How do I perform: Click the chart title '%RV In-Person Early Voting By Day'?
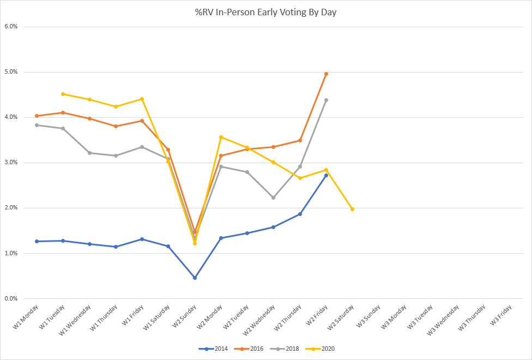coord(266,11)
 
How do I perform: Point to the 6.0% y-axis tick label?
coord(11,26)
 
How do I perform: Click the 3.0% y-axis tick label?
coord(11,163)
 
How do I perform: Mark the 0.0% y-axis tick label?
coord(11,298)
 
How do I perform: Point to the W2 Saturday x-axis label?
coord(342,317)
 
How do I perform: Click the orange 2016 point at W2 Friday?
coord(326,74)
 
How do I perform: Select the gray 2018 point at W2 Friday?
coord(326,100)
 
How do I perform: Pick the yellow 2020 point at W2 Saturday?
coord(352,209)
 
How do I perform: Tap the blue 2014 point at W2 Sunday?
coord(195,278)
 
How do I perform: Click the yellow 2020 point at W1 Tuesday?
coord(63,94)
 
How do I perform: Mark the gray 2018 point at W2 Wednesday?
coord(273,197)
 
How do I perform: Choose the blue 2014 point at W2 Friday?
coord(326,175)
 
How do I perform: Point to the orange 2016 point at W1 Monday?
coord(37,116)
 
